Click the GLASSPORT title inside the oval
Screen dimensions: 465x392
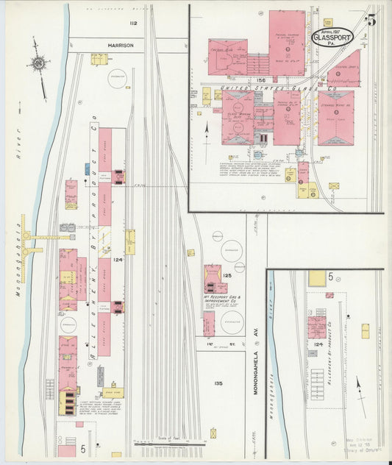(x=332, y=35)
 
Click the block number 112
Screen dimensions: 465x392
(x=133, y=24)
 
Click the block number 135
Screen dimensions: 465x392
(x=218, y=383)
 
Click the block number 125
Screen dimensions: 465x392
(x=227, y=274)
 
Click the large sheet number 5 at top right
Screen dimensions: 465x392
(x=371, y=21)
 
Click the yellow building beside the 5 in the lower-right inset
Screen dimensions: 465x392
(x=317, y=278)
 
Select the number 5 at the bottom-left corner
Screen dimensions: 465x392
(x=83, y=448)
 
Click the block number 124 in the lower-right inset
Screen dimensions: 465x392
(x=318, y=344)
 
